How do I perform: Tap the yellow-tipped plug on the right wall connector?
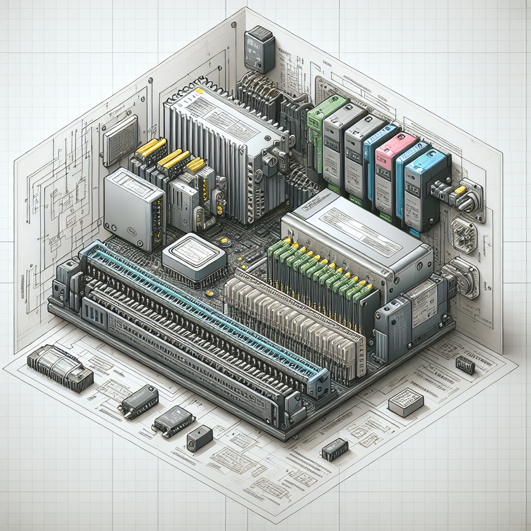click(x=459, y=190)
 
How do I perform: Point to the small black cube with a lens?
click(x=200, y=438)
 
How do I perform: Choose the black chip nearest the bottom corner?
click(x=334, y=449)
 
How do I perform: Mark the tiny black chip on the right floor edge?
click(x=465, y=365)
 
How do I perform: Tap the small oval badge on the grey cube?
click(x=129, y=233)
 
